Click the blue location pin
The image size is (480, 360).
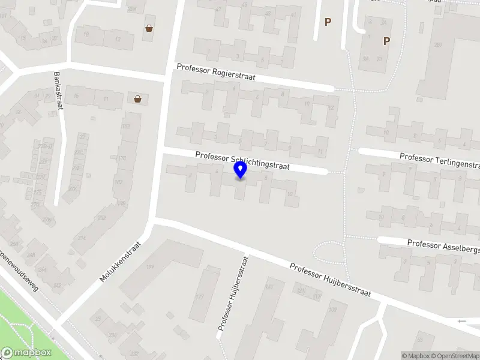coord(241,170)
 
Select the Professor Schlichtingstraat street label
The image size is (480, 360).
coord(242,160)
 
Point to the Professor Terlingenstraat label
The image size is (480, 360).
coord(440,160)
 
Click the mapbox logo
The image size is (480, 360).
coord(26,352)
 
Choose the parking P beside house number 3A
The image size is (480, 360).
coord(386,41)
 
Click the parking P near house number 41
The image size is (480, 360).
coord(328,22)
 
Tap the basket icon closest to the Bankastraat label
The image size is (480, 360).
coord(138,100)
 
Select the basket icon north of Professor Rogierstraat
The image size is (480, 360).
coord(148,28)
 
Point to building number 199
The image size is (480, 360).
coord(151,267)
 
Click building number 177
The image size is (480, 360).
coord(200,296)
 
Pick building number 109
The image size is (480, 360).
coord(333,310)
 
